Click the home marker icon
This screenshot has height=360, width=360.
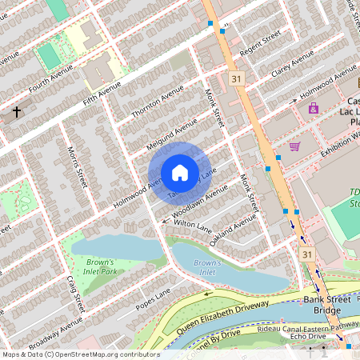pos(180,172)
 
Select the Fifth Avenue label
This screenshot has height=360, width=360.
pos(102,93)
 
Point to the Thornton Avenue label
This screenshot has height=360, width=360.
pos(158,106)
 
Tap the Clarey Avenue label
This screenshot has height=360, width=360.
pos(291,62)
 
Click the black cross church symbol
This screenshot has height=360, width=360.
pos(15,112)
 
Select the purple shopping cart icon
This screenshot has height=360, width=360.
pos(295,146)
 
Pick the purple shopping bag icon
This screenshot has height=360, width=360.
pos(313,108)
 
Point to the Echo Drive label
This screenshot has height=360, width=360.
pos(308,337)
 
